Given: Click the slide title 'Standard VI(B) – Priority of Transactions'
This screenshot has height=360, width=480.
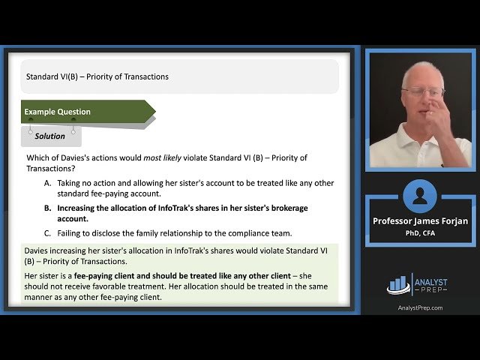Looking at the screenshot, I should [x=97, y=76].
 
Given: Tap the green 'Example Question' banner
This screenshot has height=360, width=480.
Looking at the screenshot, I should [x=58, y=112].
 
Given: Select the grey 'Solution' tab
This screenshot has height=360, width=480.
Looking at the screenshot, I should [x=50, y=136].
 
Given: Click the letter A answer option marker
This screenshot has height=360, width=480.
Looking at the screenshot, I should [x=48, y=183].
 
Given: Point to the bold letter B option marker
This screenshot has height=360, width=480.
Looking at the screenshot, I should [x=48, y=208].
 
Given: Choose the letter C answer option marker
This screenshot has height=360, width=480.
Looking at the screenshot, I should [x=48, y=232].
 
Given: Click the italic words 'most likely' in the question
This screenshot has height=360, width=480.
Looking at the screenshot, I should [x=155, y=158].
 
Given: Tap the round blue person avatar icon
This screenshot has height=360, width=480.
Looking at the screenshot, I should [x=419, y=196].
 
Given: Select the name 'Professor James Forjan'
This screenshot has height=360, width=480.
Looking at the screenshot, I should [x=419, y=221].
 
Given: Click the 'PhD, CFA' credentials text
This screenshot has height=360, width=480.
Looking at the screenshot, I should [x=419, y=232].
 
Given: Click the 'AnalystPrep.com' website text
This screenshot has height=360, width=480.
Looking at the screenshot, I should [x=419, y=307].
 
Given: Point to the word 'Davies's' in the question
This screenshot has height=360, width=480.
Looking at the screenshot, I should [x=73, y=158].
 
